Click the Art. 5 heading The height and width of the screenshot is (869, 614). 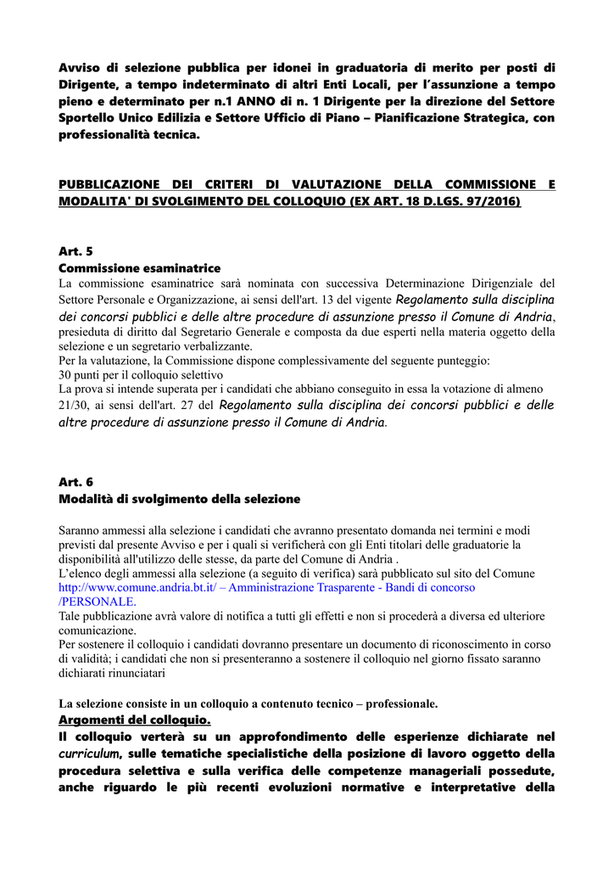click(75, 251)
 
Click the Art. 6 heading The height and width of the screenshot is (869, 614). click(75, 481)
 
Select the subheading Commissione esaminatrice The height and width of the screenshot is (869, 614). click(139, 268)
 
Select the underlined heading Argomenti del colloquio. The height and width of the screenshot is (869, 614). click(134, 720)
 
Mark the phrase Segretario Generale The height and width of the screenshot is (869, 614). click(255, 332)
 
